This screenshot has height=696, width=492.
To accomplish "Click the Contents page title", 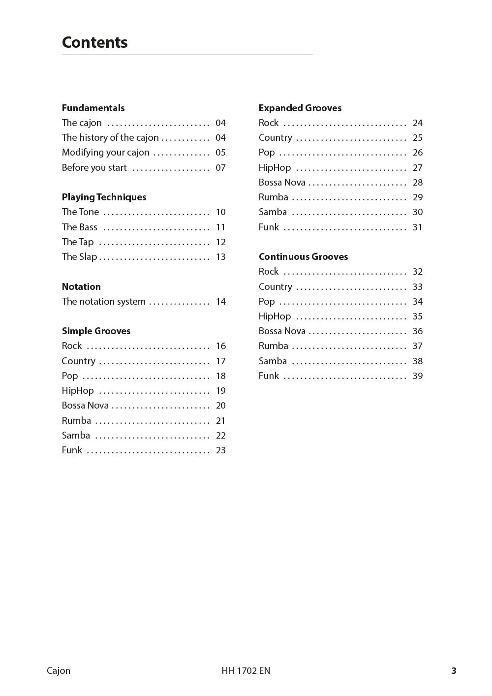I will [x=94, y=42].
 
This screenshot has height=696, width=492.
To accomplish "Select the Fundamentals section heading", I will [x=93, y=108].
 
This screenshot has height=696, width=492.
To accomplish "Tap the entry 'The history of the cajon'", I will [x=110, y=138].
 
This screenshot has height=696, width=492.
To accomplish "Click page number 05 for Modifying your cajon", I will [x=220, y=153].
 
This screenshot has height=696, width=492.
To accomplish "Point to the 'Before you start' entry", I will [x=94, y=168].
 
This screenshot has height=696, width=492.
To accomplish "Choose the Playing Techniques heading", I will [x=104, y=197].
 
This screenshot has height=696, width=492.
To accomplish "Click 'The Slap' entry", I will [x=79, y=257].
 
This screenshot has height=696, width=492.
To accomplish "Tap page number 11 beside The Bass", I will [x=220, y=227].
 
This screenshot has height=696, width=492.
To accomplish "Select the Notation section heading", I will [x=81, y=287].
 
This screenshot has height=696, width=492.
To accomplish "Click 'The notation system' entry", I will [x=103, y=302].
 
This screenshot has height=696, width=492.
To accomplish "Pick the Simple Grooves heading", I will [x=96, y=331].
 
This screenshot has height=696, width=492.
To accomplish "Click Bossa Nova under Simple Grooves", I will [x=85, y=406].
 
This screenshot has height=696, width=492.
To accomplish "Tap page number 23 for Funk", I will [x=220, y=450].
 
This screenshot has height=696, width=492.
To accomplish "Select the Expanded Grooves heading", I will [x=300, y=108].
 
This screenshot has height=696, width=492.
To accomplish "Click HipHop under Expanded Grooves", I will [x=275, y=168].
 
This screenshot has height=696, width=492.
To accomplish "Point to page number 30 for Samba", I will [x=417, y=212].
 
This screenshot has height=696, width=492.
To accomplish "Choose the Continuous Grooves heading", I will [x=303, y=257].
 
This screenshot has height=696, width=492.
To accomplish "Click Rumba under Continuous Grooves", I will [x=273, y=346].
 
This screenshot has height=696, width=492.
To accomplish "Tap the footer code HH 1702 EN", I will [x=246, y=670].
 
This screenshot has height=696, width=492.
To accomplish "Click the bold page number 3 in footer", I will [x=454, y=670].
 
